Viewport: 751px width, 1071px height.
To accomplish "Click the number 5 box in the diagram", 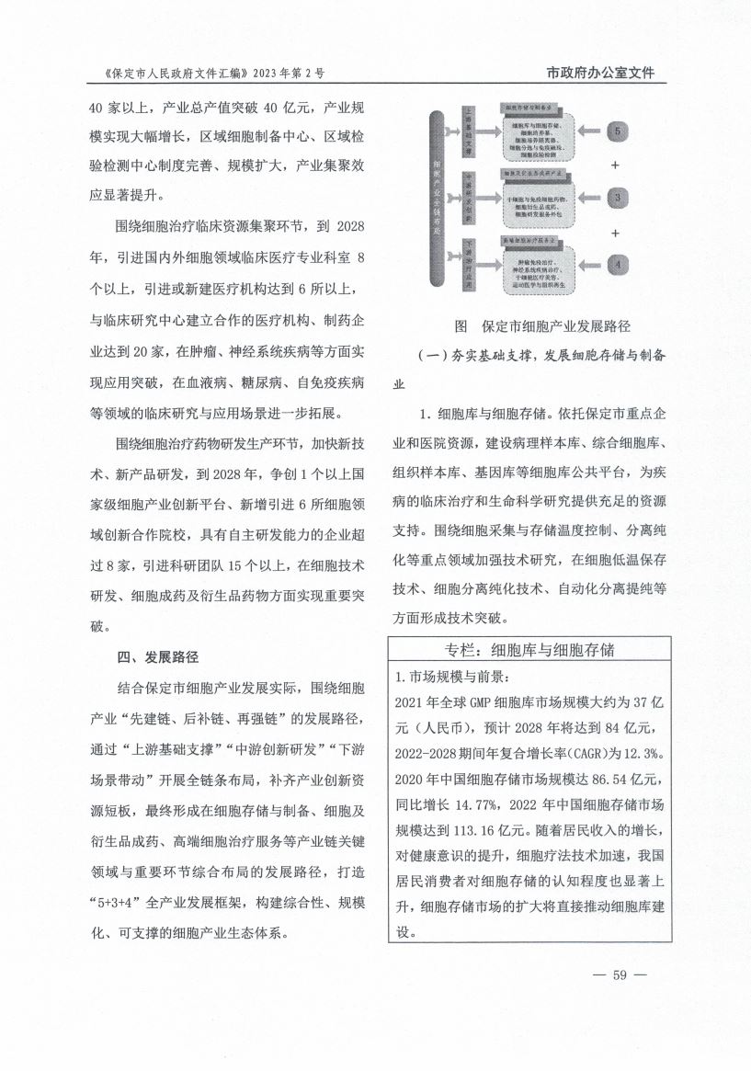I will pos(619,131).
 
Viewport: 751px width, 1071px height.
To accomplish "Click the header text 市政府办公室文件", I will pos(600,73).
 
